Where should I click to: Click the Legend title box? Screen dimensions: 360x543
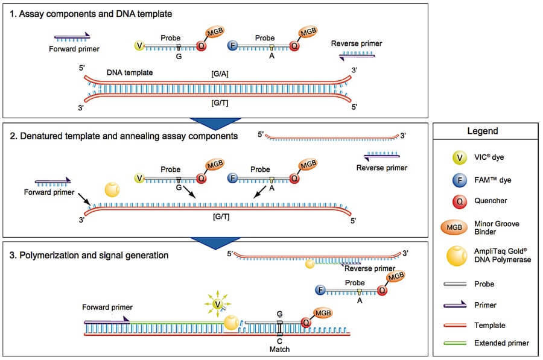(486, 131)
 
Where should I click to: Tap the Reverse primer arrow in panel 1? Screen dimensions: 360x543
(356, 55)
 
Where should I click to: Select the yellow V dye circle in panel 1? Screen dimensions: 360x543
(140, 46)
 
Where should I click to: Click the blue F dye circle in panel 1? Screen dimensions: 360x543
(232, 46)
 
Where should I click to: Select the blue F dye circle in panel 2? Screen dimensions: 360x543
(232, 178)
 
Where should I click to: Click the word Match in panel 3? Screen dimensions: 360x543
(279, 349)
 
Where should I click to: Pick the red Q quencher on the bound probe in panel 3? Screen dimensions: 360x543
(306, 323)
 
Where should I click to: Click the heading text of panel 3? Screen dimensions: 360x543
(94, 255)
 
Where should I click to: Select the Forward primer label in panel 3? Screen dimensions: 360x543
(108, 307)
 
